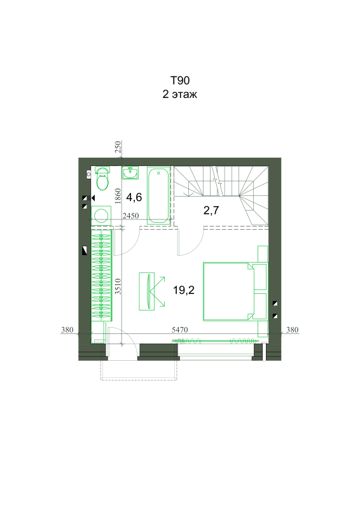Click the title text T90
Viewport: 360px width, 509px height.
pos(180,80)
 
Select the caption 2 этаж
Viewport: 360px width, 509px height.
pos(180,94)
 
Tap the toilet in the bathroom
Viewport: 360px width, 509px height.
pos(102,179)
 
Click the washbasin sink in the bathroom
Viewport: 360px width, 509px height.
pos(130,172)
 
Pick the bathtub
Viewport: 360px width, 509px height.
pos(158,195)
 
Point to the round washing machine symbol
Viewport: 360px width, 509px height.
pos(101,216)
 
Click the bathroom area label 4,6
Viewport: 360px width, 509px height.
pos(134,197)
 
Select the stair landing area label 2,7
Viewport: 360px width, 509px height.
pos(211,211)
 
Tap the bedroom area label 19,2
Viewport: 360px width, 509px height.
pos(184,290)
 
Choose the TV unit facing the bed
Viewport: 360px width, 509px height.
pos(147,291)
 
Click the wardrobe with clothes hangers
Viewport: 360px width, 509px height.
pos(101,275)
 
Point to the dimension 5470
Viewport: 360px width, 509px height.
pos(179,330)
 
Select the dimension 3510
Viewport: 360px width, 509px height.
pos(118,286)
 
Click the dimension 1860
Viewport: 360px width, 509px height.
pos(118,196)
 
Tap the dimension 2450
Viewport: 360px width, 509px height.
pos(131,216)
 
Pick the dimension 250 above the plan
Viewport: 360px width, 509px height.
pos(118,147)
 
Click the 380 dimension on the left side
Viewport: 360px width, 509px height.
pos(67,330)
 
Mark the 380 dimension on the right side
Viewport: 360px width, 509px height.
pos(292,330)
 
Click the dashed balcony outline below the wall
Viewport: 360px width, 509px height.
pos(139,379)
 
